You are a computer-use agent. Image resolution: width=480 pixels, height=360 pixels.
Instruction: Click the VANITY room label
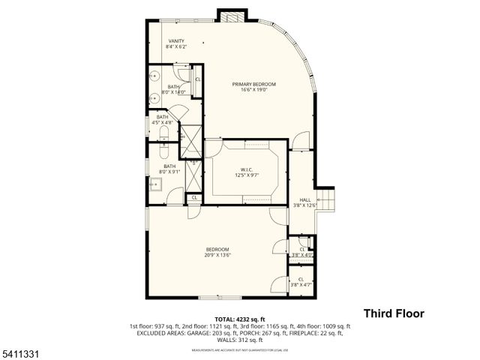click(176, 41)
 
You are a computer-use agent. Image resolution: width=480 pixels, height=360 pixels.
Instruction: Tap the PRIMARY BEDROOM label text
click(253, 84)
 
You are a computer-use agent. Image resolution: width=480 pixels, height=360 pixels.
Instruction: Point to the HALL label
click(305, 199)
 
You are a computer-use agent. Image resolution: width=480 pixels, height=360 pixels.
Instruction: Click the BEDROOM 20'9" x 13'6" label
click(217, 249)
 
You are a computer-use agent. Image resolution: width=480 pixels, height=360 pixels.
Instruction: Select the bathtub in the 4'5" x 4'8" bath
click(163, 133)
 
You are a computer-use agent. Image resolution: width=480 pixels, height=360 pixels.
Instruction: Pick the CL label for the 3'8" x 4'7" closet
click(301, 279)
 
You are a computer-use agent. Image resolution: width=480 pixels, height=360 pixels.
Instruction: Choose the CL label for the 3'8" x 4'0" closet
click(302, 249)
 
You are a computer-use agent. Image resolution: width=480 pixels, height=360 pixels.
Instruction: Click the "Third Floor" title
click(394, 313)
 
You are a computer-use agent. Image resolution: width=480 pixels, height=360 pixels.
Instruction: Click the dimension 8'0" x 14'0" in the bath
click(175, 92)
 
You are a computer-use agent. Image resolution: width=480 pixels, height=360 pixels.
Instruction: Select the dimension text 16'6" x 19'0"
click(253, 91)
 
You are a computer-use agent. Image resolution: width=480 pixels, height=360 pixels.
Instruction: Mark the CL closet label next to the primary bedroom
click(198, 79)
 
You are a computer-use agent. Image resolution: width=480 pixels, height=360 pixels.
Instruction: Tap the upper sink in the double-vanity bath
click(155, 76)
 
